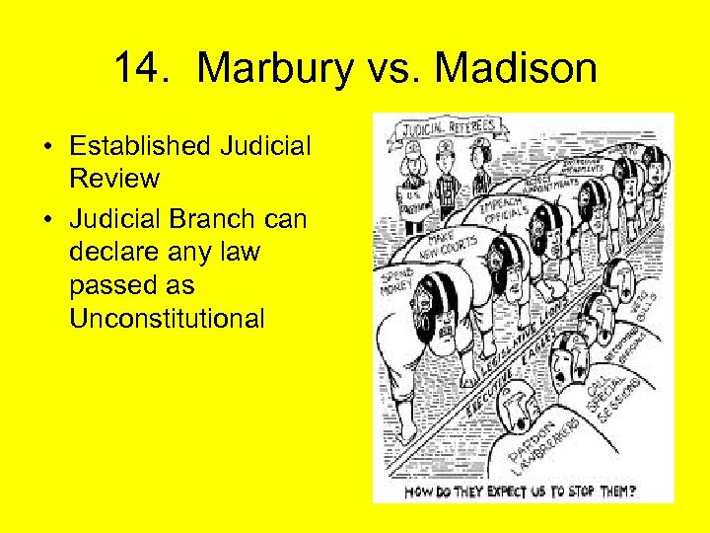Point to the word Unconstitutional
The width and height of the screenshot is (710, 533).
(168, 320)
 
